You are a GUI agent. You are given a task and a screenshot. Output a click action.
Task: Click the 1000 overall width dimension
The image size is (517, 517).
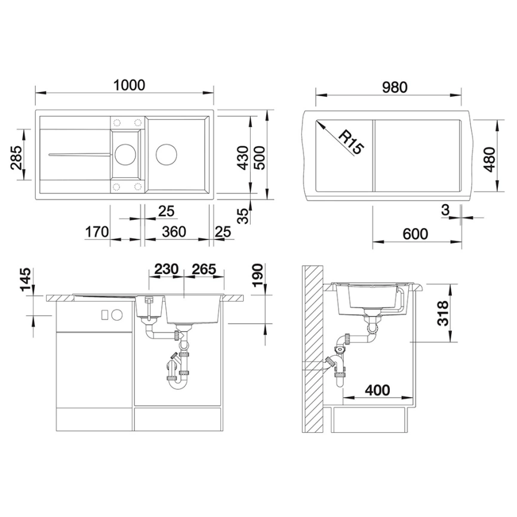coord(130,85)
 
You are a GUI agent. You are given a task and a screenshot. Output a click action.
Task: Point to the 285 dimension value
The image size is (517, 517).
coord(16,158)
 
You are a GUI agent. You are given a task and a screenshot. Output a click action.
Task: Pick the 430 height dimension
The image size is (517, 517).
coord(242,158)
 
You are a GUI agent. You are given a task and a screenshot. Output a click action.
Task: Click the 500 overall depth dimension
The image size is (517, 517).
coord(260,158)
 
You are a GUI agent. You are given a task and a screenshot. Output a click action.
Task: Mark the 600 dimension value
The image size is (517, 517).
coord(416,234)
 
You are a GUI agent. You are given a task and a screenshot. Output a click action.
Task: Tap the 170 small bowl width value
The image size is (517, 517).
coord(95,232)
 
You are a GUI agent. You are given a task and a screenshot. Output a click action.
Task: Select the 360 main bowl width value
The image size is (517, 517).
coord(174,232)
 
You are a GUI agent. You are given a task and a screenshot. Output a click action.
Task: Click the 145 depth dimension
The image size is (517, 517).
coord(25,281)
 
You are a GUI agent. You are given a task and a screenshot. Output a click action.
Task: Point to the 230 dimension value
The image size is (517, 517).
coord(166,269)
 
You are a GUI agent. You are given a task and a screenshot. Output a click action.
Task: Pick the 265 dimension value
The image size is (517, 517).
coord(205,269)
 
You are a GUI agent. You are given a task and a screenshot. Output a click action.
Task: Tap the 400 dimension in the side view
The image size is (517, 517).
coord(377,390)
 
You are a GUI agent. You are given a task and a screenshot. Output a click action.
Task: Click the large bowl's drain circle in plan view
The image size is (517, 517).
coord(167,153)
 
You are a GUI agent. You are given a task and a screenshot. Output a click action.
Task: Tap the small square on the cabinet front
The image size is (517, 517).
coord(104,314)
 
